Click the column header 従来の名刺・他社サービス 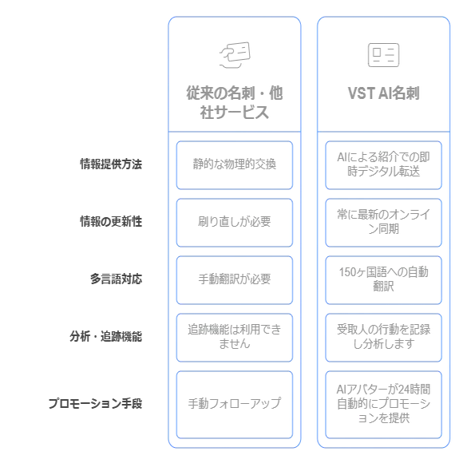point(235,102)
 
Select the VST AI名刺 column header point(383,93)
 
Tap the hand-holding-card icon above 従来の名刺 point(235,55)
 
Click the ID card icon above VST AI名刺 point(383,55)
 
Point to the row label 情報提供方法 point(111,164)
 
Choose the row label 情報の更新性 point(111,221)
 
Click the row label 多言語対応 point(116,279)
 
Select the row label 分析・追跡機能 point(105,336)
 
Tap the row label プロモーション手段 point(95,403)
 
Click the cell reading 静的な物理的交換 point(235,165)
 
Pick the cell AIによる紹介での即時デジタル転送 point(383,165)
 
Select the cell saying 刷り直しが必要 point(235,223)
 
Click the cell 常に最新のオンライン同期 point(383,223)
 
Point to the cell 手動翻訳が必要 point(235,280)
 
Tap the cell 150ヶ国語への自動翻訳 point(383,280)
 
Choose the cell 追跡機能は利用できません point(235,338)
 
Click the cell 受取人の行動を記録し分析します point(383,338)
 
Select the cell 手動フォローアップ point(235,405)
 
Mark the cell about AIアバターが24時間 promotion point(383,405)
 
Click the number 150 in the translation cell point(347,272)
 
